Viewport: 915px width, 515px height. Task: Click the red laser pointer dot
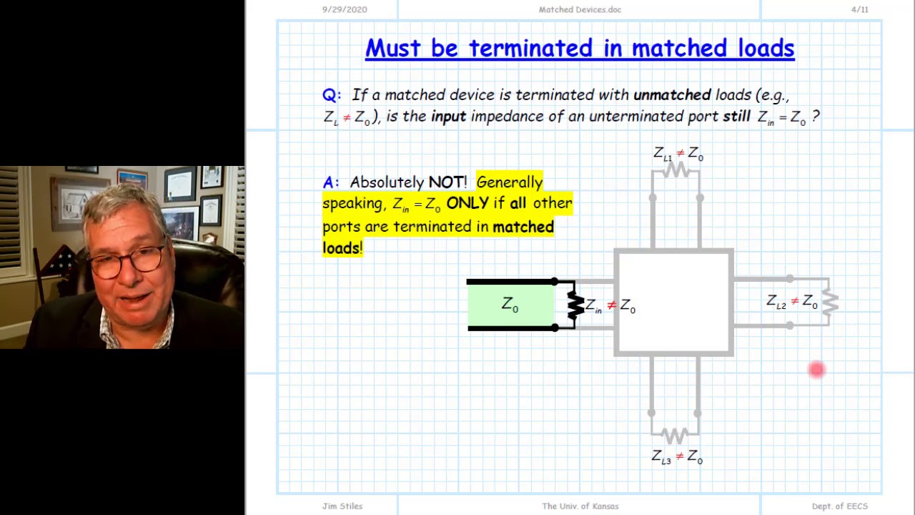click(x=816, y=370)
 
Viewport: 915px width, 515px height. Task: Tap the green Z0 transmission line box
click(x=510, y=305)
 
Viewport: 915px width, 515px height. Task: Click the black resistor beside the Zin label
click(x=575, y=305)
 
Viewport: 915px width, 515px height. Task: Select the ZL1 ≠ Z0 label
click(x=678, y=154)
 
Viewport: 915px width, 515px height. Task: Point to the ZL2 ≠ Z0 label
click(x=791, y=302)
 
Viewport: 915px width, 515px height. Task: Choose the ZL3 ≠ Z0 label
click(x=676, y=456)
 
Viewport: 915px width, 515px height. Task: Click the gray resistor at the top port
click(x=676, y=170)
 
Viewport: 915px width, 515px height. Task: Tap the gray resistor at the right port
click(x=830, y=303)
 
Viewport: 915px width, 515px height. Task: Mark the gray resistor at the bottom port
click(x=675, y=435)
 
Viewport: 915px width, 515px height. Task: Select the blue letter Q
click(x=330, y=95)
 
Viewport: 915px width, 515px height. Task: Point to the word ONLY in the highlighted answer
click(x=467, y=203)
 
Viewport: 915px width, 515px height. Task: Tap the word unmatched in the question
click(x=671, y=95)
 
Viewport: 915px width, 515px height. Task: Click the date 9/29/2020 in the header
click(x=345, y=9)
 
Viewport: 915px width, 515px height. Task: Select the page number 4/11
click(x=859, y=9)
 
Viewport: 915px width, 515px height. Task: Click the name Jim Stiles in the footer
click(x=342, y=506)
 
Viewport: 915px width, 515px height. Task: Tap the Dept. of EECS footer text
click(x=839, y=506)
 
